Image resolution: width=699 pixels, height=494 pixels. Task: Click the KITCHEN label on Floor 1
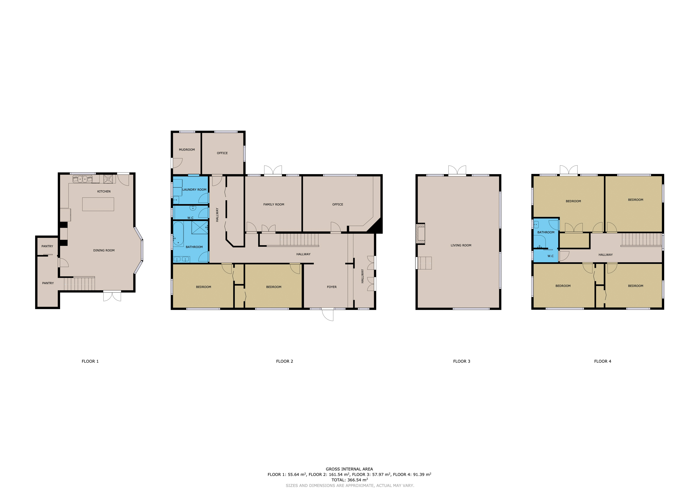click(x=104, y=191)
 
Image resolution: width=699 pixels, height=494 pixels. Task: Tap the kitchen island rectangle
click(x=98, y=204)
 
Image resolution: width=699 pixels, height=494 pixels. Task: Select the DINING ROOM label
click(x=104, y=250)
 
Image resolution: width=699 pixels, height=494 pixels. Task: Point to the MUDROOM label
click(x=187, y=150)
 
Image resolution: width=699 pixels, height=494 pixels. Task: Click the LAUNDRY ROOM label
click(x=194, y=189)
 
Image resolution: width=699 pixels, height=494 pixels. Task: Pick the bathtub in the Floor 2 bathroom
click(x=178, y=233)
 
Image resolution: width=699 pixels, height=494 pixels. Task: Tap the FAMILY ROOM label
click(x=274, y=204)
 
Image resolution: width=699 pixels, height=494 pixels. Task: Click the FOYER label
click(x=332, y=287)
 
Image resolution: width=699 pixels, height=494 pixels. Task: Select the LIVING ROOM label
click(x=461, y=245)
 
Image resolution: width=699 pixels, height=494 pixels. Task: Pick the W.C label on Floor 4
click(x=550, y=256)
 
